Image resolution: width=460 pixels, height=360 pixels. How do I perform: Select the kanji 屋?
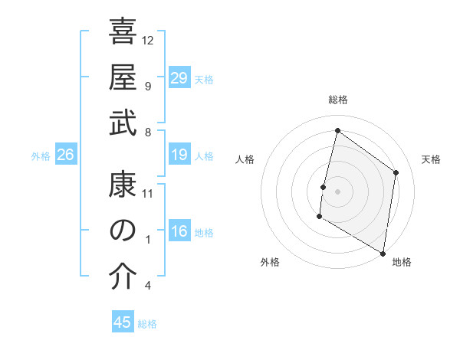[x=123, y=77]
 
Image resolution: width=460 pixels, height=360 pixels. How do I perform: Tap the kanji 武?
[x=123, y=123]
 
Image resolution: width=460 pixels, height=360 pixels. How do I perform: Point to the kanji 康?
[x=123, y=184]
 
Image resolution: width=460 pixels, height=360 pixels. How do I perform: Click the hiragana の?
[x=123, y=231]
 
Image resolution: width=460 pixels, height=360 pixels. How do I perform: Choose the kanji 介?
[x=123, y=277]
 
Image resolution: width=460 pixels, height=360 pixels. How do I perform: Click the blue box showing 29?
[x=179, y=77]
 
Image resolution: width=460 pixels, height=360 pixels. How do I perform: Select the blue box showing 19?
[x=179, y=155]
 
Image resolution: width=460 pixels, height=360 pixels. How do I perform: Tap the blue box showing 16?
[x=179, y=231]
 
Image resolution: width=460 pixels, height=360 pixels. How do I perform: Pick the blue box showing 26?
[x=65, y=155]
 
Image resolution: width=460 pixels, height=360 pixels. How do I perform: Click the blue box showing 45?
[x=123, y=322]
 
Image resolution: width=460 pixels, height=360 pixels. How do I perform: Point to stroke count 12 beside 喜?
[x=148, y=40]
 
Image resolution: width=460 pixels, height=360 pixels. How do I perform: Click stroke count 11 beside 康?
[x=148, y=192]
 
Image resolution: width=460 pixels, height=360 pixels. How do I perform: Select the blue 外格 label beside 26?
[x=41, y=156]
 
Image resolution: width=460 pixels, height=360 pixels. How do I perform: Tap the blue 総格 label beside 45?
[x=147, y=324]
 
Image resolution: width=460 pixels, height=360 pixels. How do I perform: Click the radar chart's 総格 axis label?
[x=337, y=100]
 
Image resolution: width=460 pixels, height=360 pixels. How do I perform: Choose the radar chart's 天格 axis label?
[x=431, y=159]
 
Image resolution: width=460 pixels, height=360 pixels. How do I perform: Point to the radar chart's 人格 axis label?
[x=245, y=159]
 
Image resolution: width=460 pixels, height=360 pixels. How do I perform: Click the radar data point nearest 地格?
[x=383, y=253]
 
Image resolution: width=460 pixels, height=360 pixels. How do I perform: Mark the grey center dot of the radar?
[x=337, y=191]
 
